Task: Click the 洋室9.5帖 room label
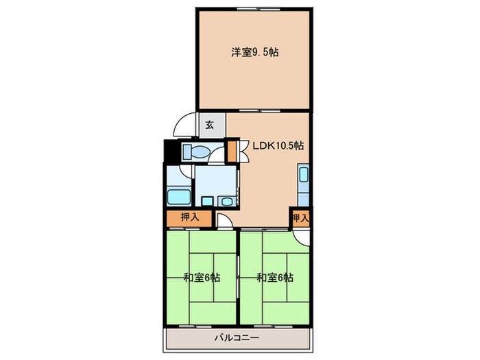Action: click(254, 52)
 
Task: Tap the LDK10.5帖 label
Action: click(279, 145)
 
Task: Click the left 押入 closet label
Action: click(189, 217)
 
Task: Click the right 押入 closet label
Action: click(300, 217)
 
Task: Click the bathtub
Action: click(179, 195)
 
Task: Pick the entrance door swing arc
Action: click(185, 125)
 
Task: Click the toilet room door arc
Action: click(218, 156)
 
